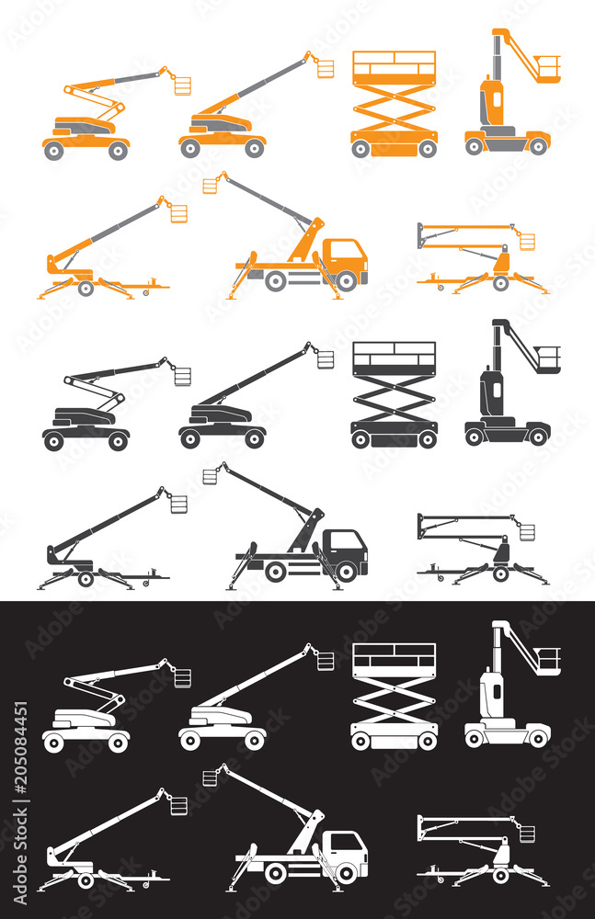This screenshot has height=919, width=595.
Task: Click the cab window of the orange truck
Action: [349, 249]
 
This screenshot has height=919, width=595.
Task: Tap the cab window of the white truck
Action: [349, 842]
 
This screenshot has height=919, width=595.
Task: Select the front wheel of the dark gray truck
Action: [347, 572]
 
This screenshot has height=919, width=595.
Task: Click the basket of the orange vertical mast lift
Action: [548, 67]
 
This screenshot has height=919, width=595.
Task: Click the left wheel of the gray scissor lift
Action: [360, 439]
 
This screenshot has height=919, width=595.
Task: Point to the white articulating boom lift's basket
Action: [182, 678]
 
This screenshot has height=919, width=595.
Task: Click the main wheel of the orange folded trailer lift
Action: [500, 282]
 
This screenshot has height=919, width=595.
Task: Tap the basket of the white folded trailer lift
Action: [526, 834]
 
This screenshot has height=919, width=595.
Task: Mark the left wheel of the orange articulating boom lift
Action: [56, 150]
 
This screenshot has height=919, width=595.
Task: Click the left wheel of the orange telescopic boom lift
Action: [190, 149]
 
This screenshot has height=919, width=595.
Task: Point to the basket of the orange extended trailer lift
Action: [178, 213]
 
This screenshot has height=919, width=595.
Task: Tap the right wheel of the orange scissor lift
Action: [427, 149]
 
